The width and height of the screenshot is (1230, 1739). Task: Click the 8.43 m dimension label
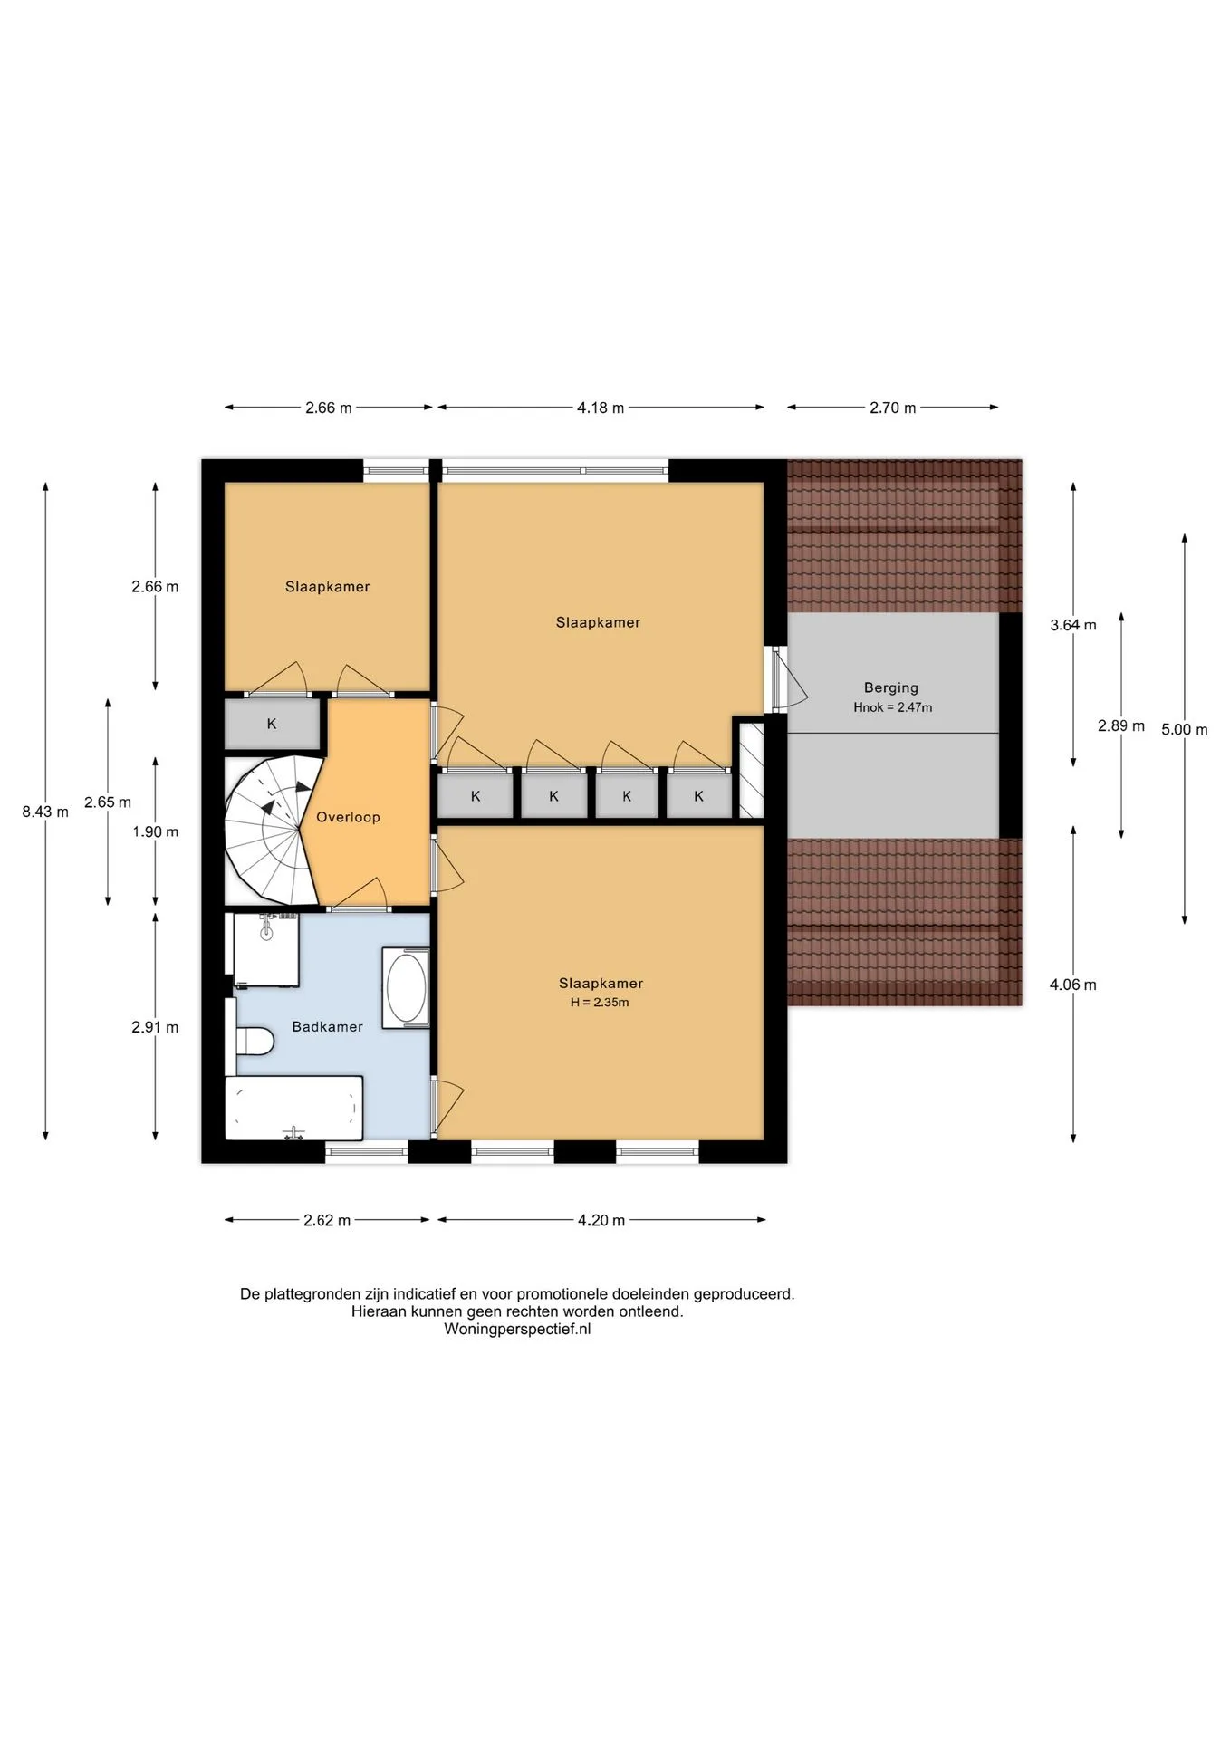coord(45,812)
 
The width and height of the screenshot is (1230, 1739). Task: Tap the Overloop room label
coord(348,817)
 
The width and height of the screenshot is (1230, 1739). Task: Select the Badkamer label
coord(327,1026)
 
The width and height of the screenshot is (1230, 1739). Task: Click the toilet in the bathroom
coord(255,1041)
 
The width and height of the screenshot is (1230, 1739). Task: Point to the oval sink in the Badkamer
coord(407,988)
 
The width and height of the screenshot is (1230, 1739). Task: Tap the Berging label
coord(891,687)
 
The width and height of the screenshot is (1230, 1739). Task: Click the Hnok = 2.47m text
coord(892,707)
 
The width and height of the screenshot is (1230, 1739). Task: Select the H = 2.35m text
coord(600,1002)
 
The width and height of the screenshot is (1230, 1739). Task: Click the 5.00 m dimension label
coord(1185,729)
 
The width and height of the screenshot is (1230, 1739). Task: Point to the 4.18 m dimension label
coord(601,408)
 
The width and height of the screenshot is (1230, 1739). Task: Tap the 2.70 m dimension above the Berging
coord(892,408)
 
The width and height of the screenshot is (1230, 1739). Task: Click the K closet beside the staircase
coord(272,724)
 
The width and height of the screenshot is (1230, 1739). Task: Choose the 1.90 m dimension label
coord(155,831)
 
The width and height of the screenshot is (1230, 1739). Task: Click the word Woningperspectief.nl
coord(517,1329)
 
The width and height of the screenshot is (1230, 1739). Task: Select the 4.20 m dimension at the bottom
coord(601,1220)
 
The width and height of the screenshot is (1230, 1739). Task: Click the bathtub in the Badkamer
coord(293,1108)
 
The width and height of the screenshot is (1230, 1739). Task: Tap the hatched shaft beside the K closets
coord(752,770)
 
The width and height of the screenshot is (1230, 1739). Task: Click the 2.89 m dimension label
coord(1121,725)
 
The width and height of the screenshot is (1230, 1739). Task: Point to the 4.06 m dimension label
coord(1073,985)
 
